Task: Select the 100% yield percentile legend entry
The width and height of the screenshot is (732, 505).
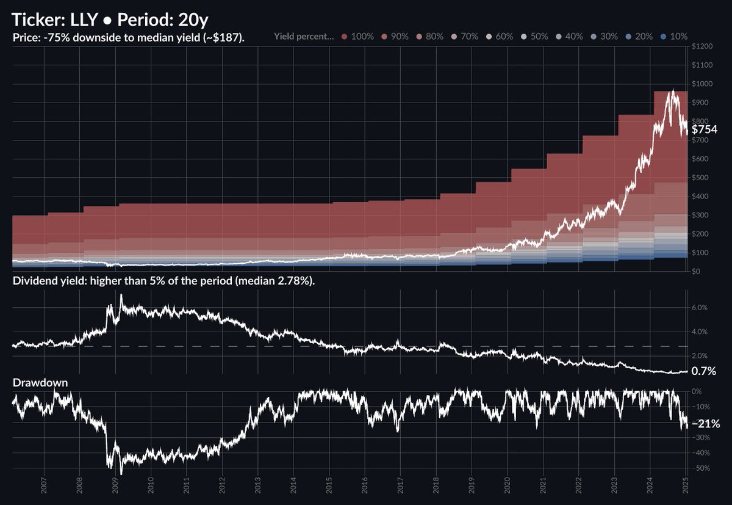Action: click(358, 37)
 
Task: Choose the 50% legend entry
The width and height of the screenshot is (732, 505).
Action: click(533, 37)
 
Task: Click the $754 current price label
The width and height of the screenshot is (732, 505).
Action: click(704, 129)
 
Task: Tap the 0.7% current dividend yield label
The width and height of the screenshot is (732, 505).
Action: click(703, 371)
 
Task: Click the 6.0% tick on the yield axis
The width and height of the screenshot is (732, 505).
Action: click(699, 308)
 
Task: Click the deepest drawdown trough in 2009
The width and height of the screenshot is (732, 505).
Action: click(121, 474)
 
